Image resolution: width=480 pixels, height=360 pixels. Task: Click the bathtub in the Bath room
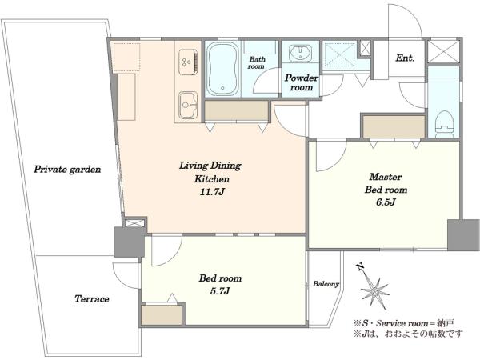[x=222, y=69]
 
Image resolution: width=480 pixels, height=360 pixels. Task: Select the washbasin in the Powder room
[x=300, y=53]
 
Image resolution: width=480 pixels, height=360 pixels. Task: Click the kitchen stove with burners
[x=188, y=62]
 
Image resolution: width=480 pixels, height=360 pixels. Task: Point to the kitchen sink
[x=188, y=105]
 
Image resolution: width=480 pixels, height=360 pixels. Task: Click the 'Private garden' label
[x=67, y=170]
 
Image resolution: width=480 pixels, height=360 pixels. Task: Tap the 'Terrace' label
[x=92, y=298]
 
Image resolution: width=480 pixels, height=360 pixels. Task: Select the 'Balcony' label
[x=326, y=284]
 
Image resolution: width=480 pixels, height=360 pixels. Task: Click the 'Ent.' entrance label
[x=405, y=58]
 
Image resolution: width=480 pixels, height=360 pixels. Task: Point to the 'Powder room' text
[x=302, y=82]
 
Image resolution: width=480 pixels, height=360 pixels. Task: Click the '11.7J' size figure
[x=212, y=192]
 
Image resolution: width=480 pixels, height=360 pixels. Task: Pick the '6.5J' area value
[x=386, y=202]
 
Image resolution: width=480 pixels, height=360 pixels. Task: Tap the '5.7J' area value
[x=220, y=291]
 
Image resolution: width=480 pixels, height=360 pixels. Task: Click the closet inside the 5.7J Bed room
[x=162, y=314]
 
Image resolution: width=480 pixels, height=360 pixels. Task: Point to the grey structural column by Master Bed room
[x=463, y=235]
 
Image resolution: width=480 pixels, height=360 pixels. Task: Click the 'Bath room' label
[x=257, y=62]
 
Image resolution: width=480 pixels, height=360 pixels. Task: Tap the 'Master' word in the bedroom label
[x=386, y=177]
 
